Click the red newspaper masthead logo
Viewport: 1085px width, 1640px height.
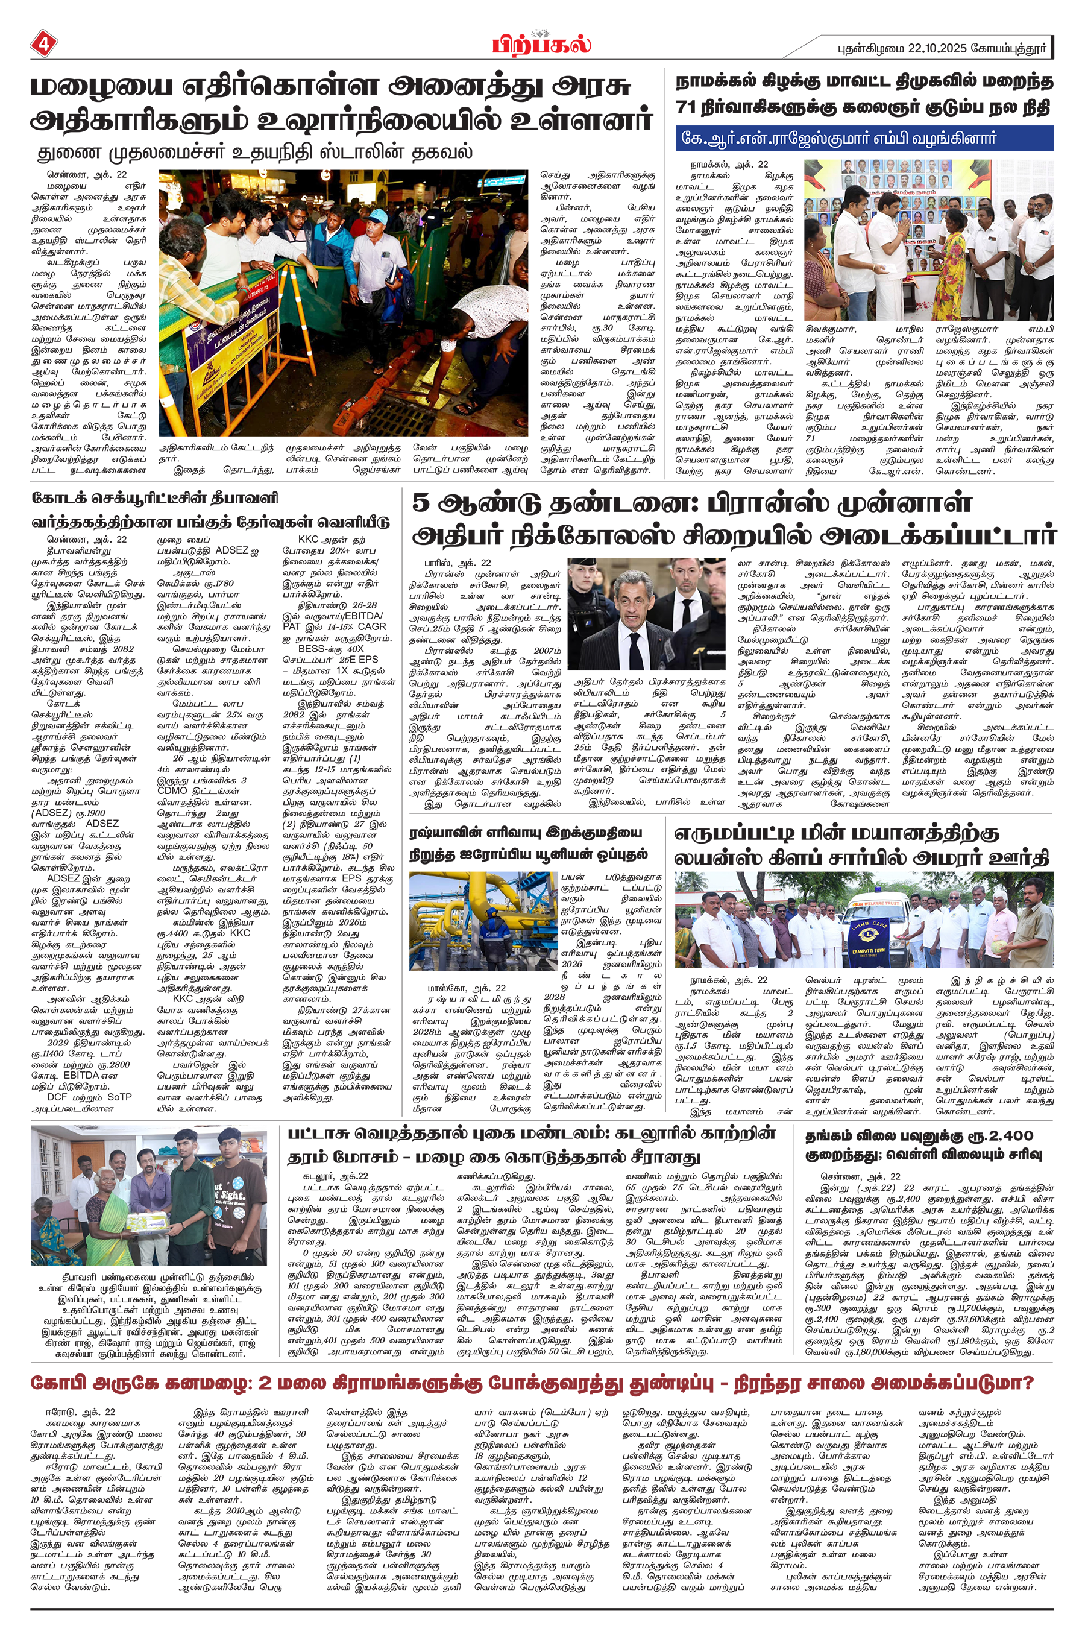(x=542, y=44)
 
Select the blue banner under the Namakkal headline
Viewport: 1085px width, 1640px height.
(x=864, y=137)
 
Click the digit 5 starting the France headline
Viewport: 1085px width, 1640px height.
(x=421, y=503)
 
